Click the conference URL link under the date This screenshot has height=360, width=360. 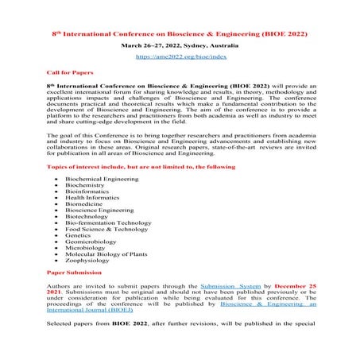(x=179, y=57)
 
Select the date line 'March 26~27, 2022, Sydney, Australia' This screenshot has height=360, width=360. (x=179, y=46)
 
